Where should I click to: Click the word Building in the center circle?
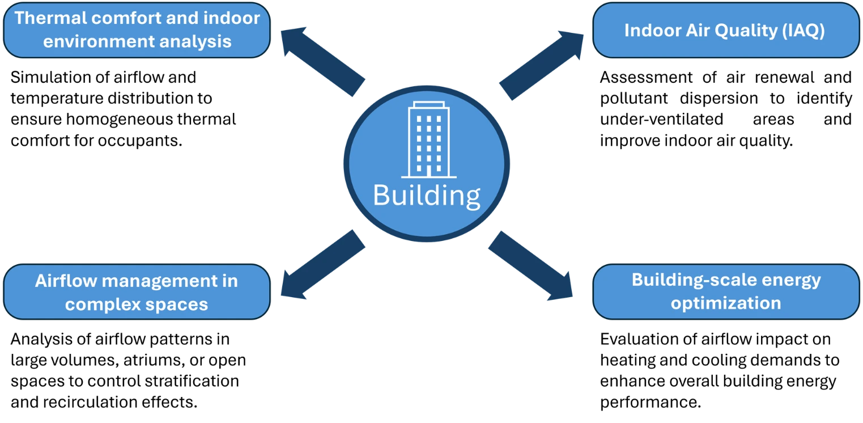click(x=426, y=196)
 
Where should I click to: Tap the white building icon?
click(x=428, y=139)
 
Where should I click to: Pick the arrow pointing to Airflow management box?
click(x=322, y=265)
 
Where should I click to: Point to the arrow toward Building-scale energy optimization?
click(x=532, y=265)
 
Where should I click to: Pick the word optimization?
click(x=726, y=303)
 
